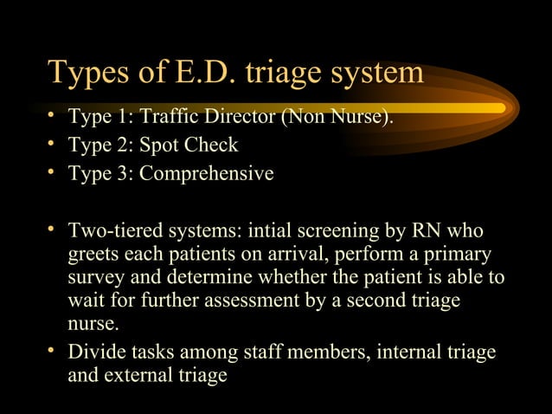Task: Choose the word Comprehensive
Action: pyautogui.click(x=207, y=174)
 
